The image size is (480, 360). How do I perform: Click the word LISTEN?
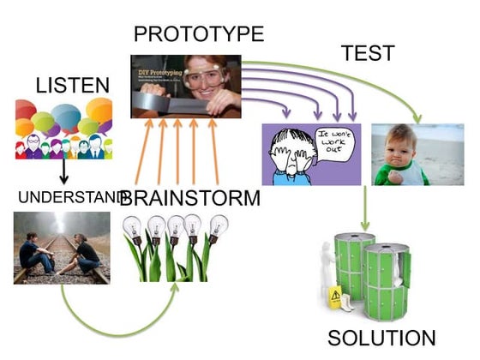[74, 85]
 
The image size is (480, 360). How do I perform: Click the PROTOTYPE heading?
[199, 36]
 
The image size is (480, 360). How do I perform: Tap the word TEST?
[368, 53]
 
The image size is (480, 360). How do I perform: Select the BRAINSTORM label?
[189, 200]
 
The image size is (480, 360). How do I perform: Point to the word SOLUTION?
[381, 337]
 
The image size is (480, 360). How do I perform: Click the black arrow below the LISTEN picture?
[63, 172]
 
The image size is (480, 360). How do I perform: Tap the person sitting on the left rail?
[34, 253]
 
